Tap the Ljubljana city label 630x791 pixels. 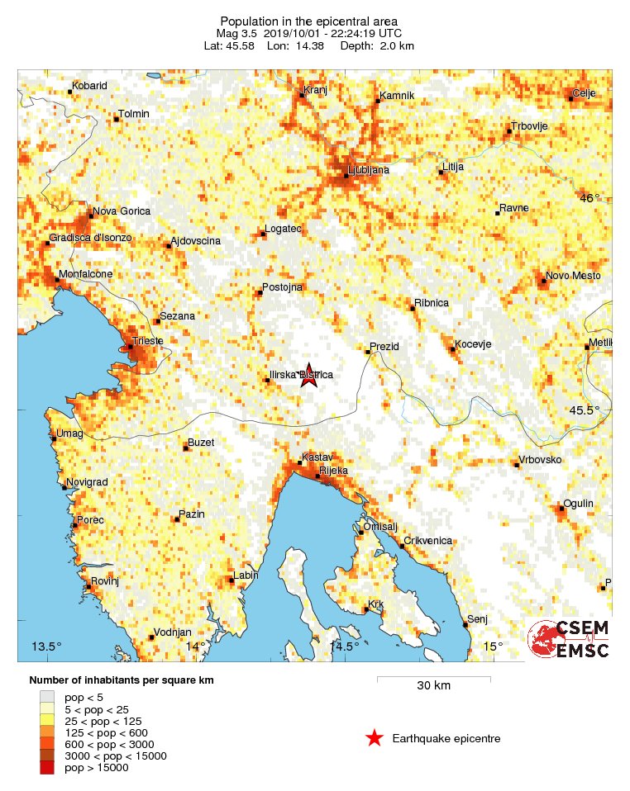370,170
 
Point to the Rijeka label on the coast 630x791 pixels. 334,470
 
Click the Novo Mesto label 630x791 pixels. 574,275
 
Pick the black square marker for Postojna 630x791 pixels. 259,293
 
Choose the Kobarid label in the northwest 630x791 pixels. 89,86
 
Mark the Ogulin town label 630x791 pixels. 577,503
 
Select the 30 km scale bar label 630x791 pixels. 433,685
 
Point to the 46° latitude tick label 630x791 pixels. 590,198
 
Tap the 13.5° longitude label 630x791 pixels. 46,646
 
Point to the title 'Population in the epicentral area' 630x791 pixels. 308,21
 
